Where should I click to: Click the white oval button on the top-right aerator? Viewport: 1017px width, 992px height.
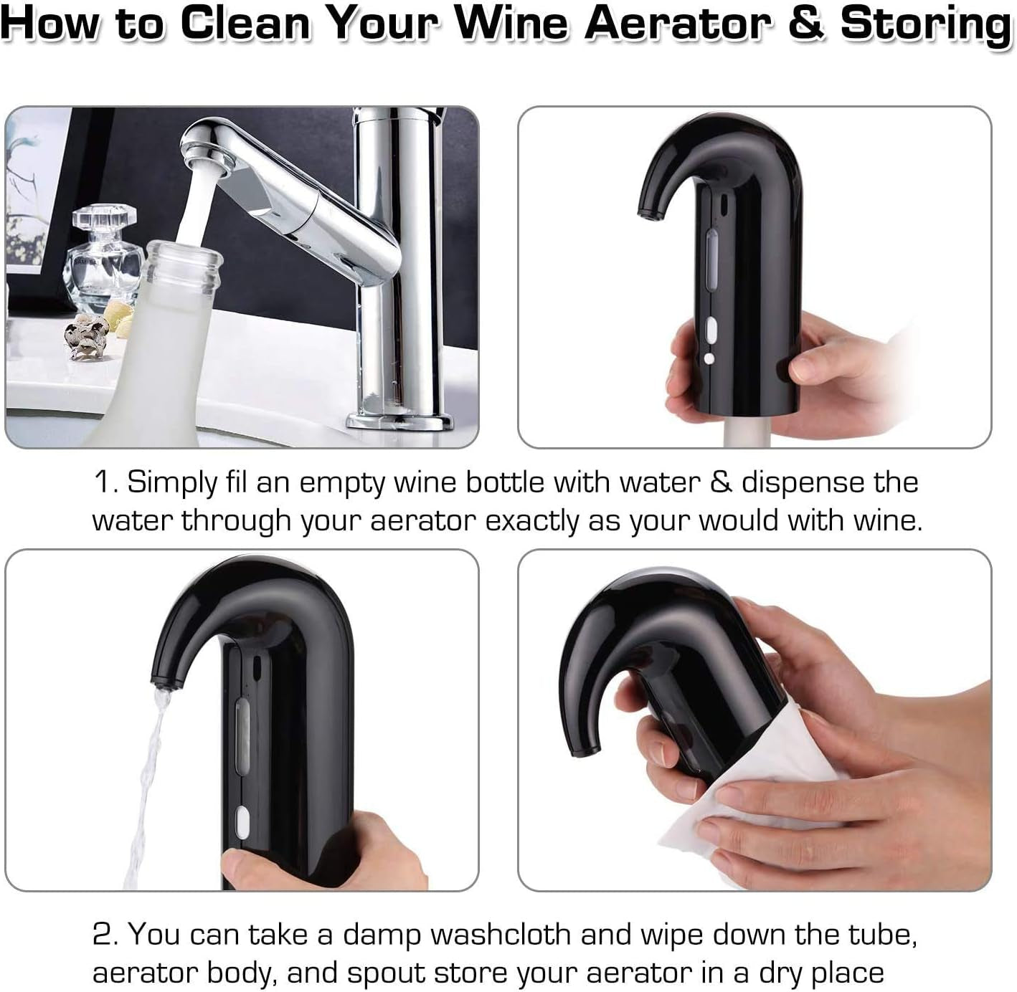click(x=711, y=331)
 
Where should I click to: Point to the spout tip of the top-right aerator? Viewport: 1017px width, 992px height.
click(x=646, y=212)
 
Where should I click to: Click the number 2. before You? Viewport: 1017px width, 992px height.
click(x=107, y=935)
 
